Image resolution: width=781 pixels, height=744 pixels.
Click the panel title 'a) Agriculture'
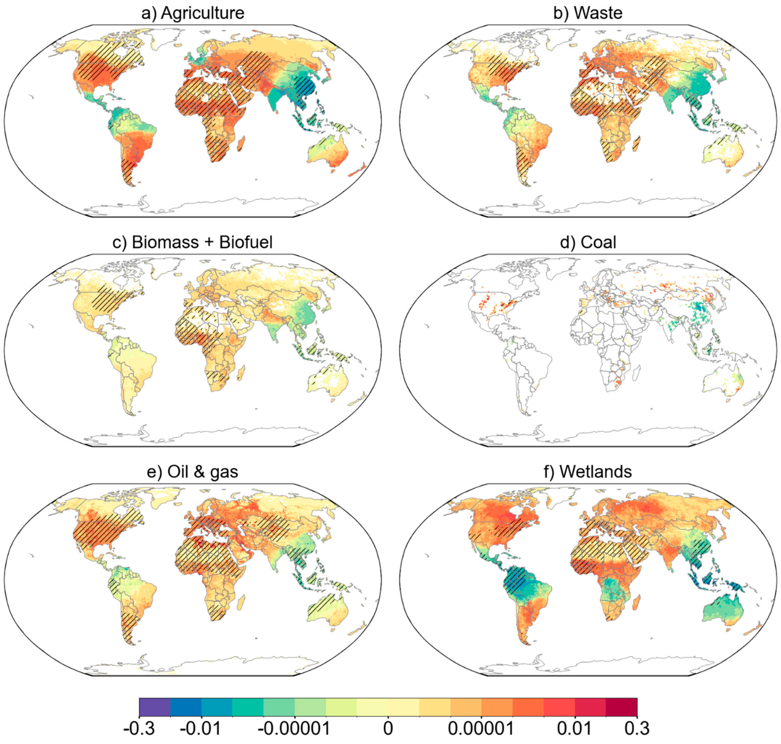[x=193, y=13]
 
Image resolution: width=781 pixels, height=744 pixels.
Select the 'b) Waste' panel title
[x=588, y=13]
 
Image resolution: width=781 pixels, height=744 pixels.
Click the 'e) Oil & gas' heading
[x=193, y=471]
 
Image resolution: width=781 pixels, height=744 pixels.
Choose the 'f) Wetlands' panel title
[x=588, y=471]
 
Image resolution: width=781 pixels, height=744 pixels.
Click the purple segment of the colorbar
[x=155, y=706]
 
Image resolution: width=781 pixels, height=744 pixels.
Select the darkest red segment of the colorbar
[x=621, y=706]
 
